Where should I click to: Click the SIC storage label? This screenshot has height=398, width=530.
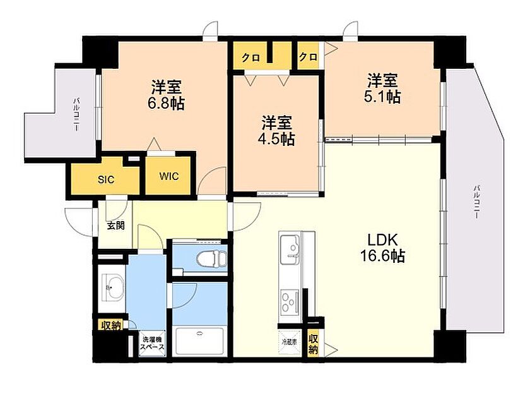pyautogui.click(x=105, y=179)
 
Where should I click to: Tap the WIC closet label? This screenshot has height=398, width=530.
pyautogui.click(x=169, y=176)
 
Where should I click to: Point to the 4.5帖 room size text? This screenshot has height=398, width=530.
pyautogui.click(x=278, y=138)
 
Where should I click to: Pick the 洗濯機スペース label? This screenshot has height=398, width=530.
pyautogui.click(x=151, y=344)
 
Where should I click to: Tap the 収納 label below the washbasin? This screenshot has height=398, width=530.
pyautogui.click(x=110, y=325)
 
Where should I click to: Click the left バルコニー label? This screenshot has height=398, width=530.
pyautogui.click(x=76, y=114)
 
